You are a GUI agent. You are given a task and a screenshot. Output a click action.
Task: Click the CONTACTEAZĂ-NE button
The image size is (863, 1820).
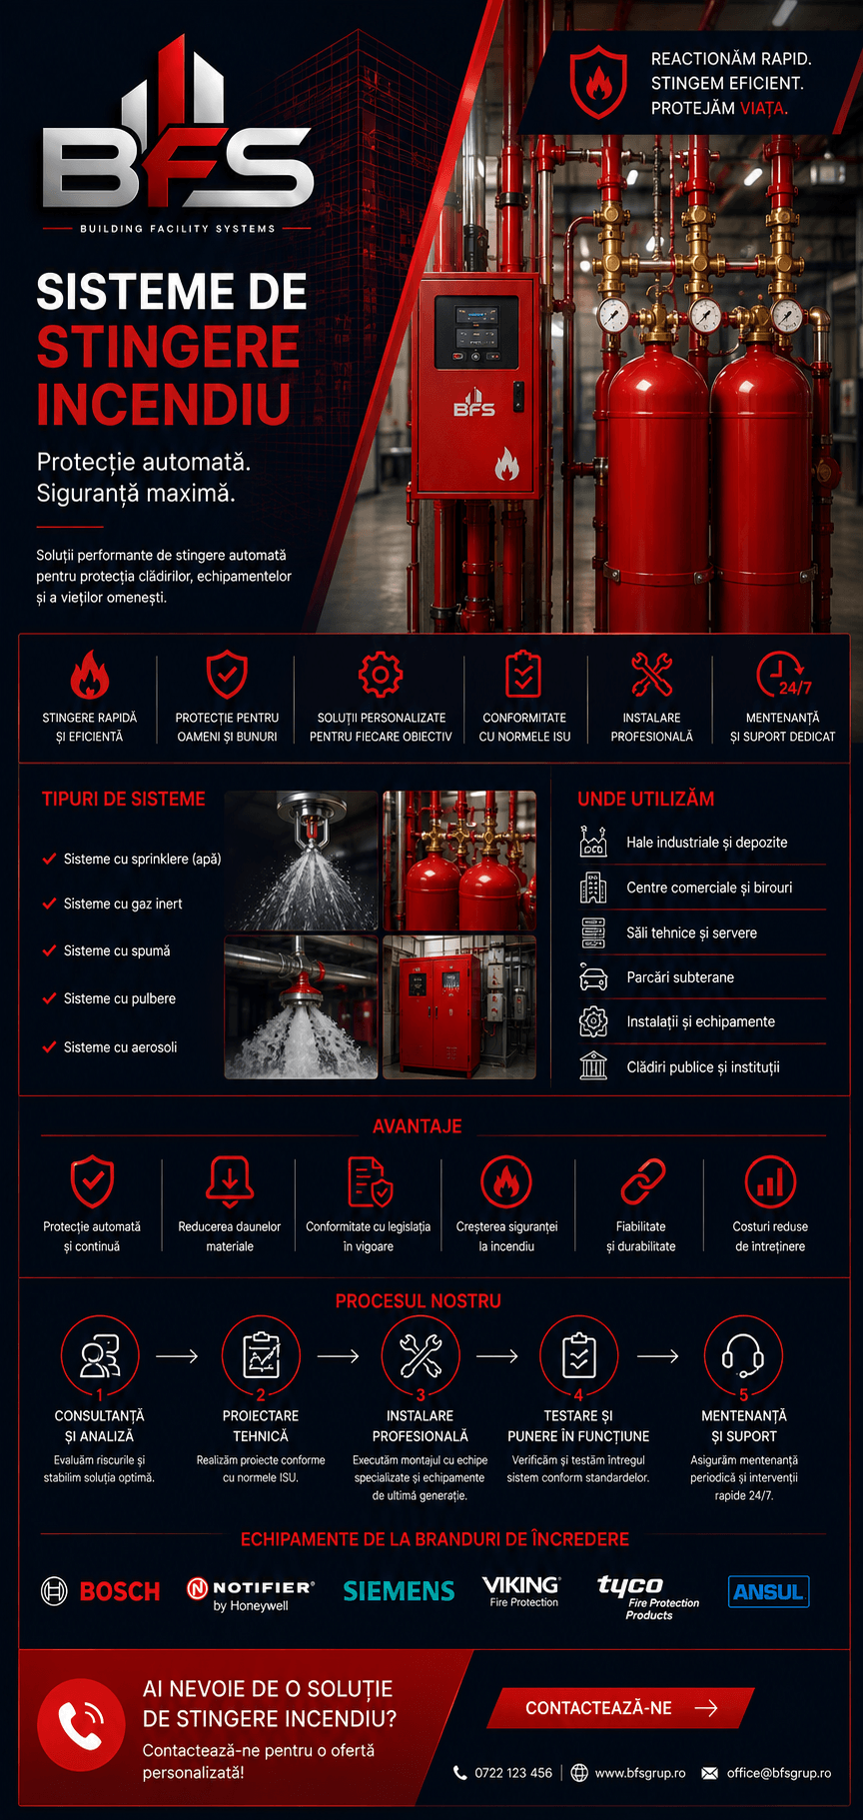point(620,1708)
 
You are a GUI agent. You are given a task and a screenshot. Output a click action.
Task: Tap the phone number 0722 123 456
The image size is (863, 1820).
point(513,1773)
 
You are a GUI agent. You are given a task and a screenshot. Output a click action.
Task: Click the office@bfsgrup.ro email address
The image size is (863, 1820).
point(779,1773)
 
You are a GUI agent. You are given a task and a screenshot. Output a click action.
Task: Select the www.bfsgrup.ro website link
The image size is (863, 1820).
point(640,1773)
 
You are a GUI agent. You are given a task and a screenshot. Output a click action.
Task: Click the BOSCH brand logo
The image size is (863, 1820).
point(100,1591)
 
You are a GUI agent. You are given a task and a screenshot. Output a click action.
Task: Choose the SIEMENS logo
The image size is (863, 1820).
point(399,1591)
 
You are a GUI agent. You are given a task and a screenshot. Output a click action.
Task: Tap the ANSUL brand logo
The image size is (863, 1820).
point(768,1591)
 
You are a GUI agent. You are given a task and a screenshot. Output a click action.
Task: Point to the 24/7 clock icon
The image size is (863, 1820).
point(783,675)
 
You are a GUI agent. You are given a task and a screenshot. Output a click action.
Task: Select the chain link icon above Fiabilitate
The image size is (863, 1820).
point(642,1182)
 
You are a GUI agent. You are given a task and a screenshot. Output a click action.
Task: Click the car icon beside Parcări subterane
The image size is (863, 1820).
point(593,977)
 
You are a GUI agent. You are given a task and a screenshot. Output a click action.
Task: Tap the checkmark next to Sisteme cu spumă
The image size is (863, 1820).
point(49,950)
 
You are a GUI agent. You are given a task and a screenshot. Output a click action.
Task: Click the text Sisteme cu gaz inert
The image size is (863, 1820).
point(123,904)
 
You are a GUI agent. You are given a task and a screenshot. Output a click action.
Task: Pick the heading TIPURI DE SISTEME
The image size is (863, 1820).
point(124,799)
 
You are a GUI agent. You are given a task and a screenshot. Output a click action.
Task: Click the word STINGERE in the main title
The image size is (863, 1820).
point(168,347)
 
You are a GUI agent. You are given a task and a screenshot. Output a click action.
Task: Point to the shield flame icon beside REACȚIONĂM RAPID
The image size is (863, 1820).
point(598,81)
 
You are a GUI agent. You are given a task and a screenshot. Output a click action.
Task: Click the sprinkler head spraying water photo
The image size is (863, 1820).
point(301,861)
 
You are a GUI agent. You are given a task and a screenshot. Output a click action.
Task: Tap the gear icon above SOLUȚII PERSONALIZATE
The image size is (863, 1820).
point(381,675)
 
